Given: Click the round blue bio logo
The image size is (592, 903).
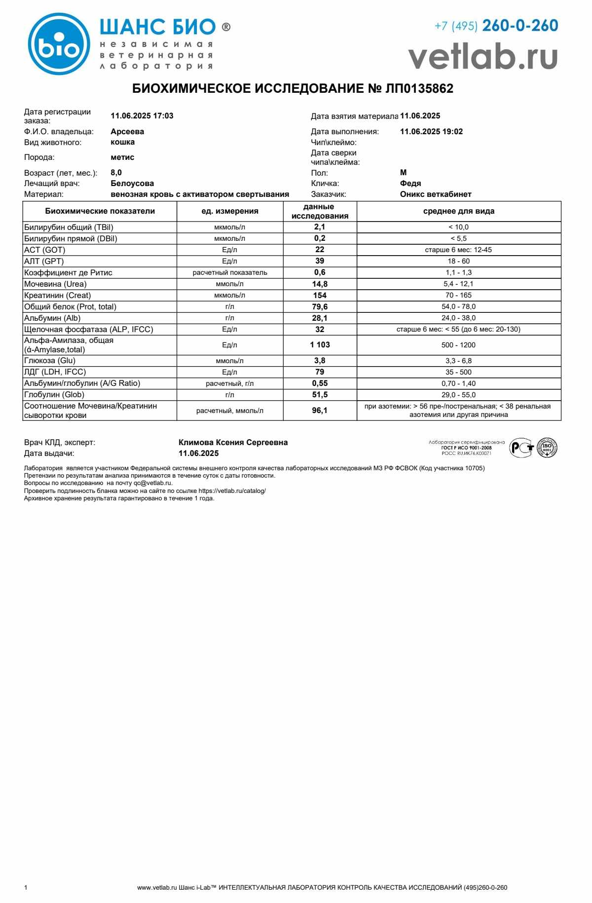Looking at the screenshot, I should point(59,44).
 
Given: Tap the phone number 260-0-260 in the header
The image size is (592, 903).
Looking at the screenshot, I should point(520,26).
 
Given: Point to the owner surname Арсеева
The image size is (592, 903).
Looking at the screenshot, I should point(127,132).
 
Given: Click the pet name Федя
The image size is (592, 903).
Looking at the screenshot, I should point(410,184).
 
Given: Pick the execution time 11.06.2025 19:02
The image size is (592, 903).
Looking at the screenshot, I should point(431,132).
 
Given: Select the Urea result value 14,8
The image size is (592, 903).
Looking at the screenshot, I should point(320,284).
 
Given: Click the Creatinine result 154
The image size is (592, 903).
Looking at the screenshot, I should point(320,296).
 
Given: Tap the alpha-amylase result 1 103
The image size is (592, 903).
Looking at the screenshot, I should point(320,345).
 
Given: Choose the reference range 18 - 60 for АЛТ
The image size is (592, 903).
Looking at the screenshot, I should point(458,262).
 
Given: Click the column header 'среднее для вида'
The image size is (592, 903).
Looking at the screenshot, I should point(458,211).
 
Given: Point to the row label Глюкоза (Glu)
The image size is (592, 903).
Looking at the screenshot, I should point(50,361).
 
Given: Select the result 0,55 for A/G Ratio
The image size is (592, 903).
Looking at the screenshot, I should point(320,383).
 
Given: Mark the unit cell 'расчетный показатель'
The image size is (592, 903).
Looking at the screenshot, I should point(229,273).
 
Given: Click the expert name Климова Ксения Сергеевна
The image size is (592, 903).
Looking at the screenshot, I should point(233,443).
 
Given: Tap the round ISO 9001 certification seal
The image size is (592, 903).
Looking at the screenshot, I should point(547,448).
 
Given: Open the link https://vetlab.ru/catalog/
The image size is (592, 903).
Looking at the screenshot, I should point(232,491).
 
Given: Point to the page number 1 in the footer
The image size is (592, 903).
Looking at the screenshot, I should point(26,888).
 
